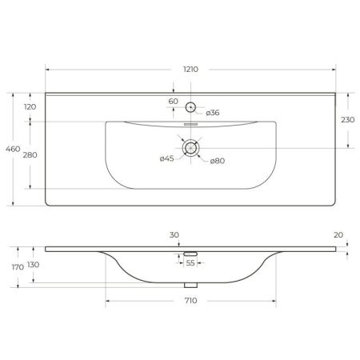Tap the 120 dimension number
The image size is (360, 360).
[x=30, y=106]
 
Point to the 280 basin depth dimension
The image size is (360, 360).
[x=30, y=154]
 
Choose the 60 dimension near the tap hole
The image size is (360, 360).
[x=174, y=102]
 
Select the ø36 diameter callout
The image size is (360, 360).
[x=213, y=113]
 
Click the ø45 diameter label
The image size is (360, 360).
[x=168, y=158]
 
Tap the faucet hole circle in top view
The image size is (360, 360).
[x=191, y=107]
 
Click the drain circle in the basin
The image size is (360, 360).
[x=191, y=147]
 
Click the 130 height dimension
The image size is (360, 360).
[x=33, y=264]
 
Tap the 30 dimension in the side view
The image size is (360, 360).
[x=174, y=235]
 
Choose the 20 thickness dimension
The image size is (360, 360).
[x=338, y=235]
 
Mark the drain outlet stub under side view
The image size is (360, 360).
[x=191, y=284]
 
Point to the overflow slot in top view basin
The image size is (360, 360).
[x=191, y=126]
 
